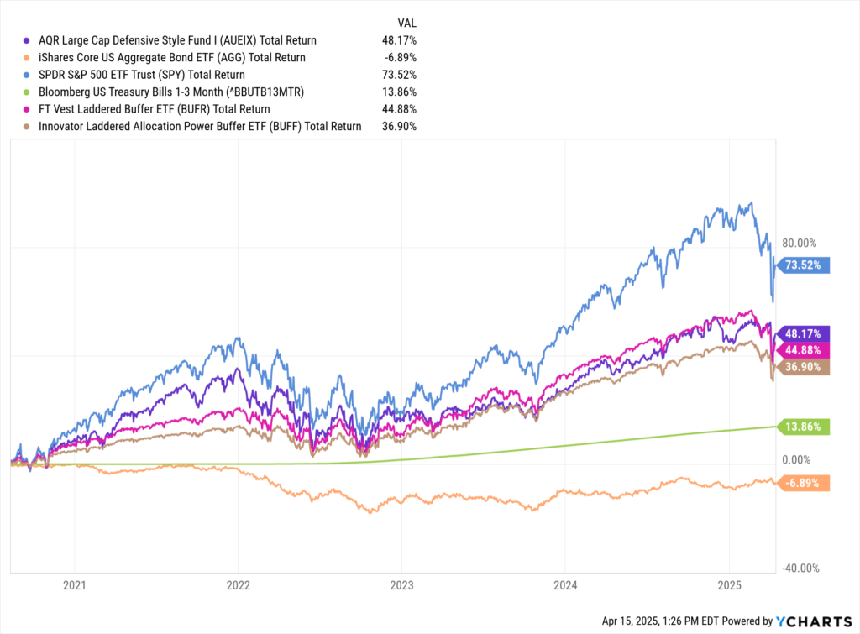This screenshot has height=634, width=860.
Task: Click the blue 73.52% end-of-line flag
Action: pos(805,265)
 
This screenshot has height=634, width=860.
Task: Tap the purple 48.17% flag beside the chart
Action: pos(805,333)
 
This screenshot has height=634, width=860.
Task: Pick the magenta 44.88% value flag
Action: pos(805,350)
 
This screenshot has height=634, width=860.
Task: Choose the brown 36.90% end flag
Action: pos(805,367)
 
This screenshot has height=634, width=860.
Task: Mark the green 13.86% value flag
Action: pos(805,427)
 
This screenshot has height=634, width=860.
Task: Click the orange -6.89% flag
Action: pos(805,483)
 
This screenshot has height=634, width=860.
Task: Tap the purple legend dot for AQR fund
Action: pos(27,40)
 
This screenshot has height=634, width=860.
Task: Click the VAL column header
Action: pos(405,22)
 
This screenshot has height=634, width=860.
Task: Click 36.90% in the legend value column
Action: pos(399,126)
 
